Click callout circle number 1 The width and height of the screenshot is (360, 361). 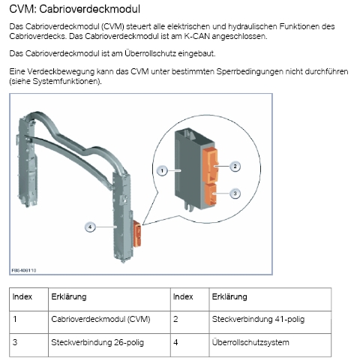pos(162,171)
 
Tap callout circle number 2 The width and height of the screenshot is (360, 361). pos(235,167)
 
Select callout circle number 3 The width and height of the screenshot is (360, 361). pos(235,194)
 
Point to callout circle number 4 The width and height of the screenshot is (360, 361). pos(90,227)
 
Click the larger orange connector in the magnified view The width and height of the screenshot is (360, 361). pos(210,166)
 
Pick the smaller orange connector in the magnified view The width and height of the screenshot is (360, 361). pos(211,194)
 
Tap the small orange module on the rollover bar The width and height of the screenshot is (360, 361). pos(137,233)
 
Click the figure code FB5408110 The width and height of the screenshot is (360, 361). pos(24,270)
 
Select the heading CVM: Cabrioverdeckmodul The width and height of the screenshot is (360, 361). pos(74,9)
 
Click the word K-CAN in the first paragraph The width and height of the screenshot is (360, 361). pos(197,36)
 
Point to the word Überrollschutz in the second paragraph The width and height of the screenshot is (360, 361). pos(151,53)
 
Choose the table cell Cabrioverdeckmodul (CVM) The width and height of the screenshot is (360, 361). pos(100,319)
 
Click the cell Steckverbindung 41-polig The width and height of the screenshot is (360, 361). pos(258,319)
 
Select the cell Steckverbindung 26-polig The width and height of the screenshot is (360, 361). pos(97,342)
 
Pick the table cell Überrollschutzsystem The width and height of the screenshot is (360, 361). pos(250,342)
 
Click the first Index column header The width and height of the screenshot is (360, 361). pos(22,296)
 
